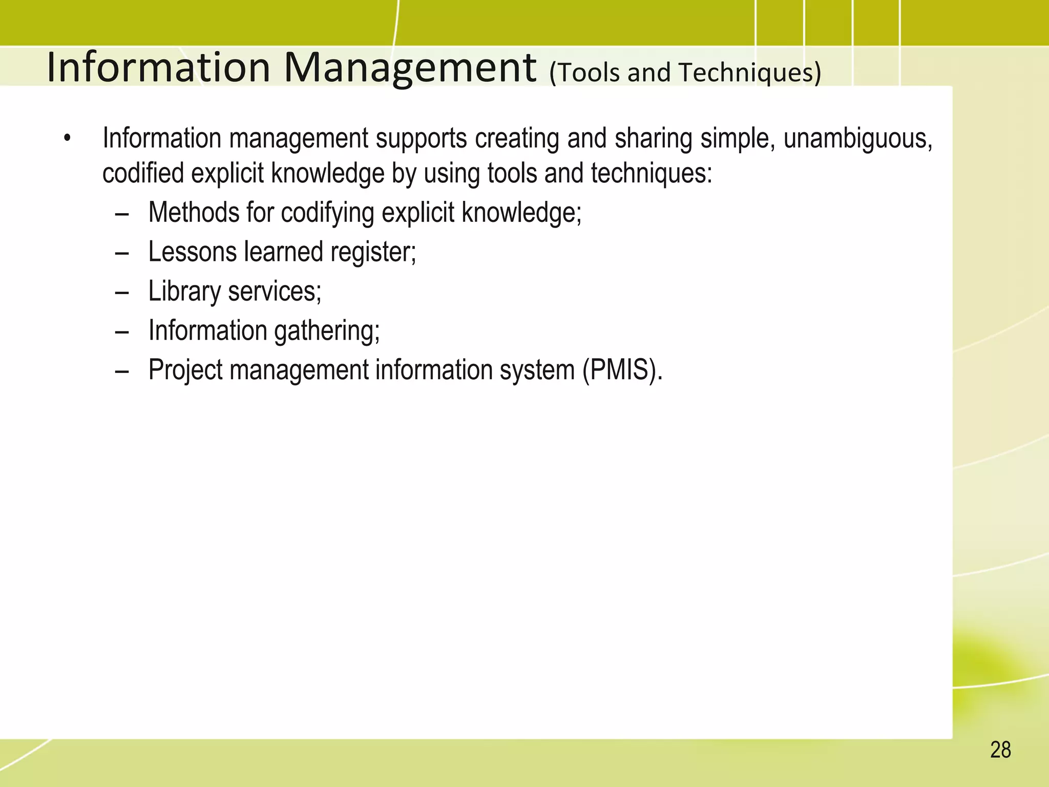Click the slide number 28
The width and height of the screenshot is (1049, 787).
[x=1000, y=750]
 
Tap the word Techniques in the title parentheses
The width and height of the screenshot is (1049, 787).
[x=745, y=72]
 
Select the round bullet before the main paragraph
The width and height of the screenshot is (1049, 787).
[x=67, y=138]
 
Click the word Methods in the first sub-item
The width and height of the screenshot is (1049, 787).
[x=193, y=212]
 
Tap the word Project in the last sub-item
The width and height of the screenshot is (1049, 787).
[x=185, y=369]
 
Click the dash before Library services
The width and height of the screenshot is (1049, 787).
[x=122, y=292]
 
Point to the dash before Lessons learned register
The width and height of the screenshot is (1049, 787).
[x=122, y=253]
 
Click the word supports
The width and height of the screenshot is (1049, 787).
[x=421, y=138]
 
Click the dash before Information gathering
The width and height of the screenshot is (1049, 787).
[x=122, y=332]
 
